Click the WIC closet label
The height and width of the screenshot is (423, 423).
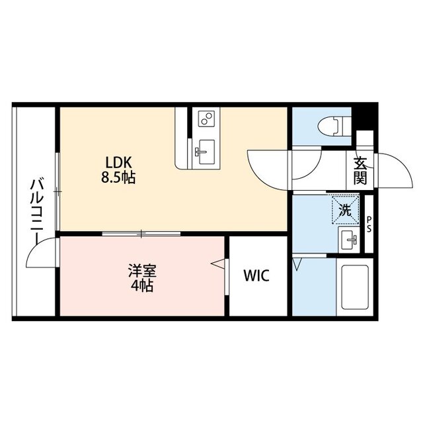point(256,276)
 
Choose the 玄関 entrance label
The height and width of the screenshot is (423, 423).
point(360,170)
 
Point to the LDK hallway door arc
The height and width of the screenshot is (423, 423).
point(268,165)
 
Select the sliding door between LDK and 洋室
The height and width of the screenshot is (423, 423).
point(141,234)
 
